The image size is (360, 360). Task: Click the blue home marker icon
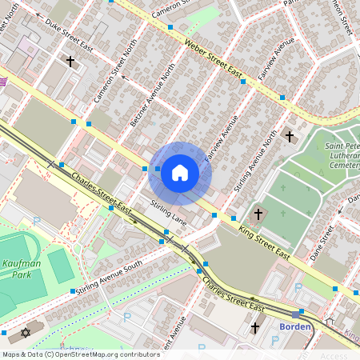click(180, 173)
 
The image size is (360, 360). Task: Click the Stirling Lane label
click(168, 212)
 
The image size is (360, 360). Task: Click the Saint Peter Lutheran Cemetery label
click(344, 152)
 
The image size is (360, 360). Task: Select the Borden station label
click(294, 326)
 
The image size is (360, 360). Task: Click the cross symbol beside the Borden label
click(255, 327)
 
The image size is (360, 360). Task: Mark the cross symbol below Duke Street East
click(70, 61)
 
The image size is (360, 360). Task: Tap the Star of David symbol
click(25, 331)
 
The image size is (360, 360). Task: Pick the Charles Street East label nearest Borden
click(233, 294)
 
